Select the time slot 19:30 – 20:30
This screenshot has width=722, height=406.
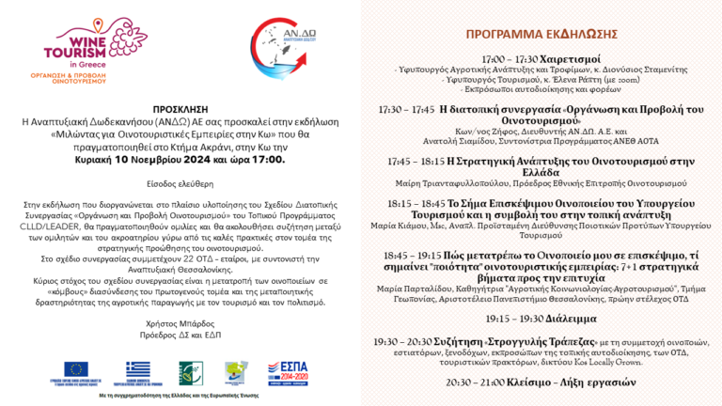point(404,343)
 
